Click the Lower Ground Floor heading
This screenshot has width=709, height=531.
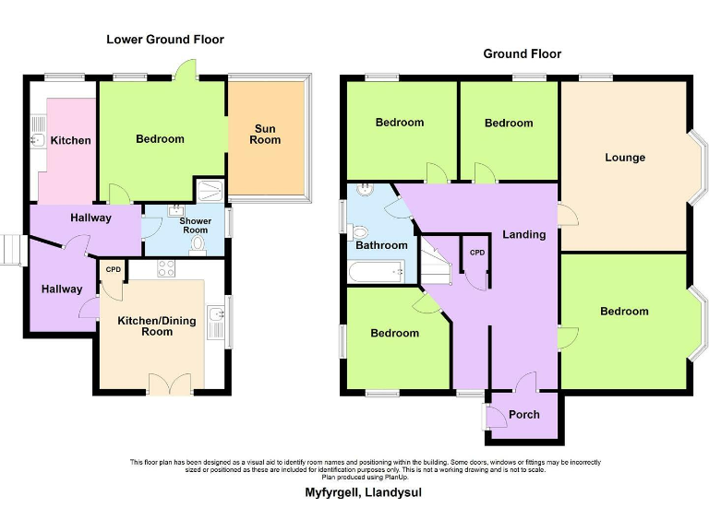(x=164, y=40)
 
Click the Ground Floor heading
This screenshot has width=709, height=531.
(x=522, y=54)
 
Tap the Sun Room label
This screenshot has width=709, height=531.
(x=265, y=134)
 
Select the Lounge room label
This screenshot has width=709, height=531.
(x=625, y=158)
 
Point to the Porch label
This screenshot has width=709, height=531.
(x=524, y=415)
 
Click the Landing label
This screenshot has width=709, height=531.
(x=523, y=234)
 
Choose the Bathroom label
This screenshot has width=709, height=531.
(x=381, y=245)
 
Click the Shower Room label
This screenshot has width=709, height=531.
(x=195, y=225)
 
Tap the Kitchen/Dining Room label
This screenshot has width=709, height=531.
(x=157, y=326)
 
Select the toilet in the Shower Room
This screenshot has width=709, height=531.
(x=197, y=244)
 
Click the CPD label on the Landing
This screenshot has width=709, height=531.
(x=477, y=253)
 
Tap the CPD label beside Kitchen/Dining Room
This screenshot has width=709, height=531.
(x=114, y=270)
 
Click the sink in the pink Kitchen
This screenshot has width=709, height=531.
(x=38, y=139)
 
